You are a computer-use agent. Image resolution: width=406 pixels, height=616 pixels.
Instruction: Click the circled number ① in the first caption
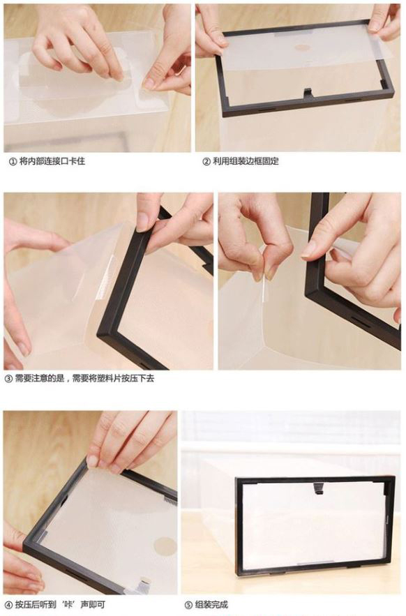(x=13, y=161)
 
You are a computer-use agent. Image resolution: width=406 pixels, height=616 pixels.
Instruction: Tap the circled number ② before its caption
(x=206, y=161)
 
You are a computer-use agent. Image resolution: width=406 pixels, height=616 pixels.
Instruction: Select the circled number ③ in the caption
(x=8, y=379)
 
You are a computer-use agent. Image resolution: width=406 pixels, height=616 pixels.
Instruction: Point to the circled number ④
(x=8, y=605)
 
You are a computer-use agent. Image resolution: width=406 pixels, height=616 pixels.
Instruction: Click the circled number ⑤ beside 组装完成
(x=188, y=605)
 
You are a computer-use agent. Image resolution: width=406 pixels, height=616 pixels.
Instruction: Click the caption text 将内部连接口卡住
(x=52, y=161)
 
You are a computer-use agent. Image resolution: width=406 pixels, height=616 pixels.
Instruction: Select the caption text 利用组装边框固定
(x=246, y=161)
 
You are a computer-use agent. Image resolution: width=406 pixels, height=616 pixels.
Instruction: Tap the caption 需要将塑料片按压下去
(x=114, y=379)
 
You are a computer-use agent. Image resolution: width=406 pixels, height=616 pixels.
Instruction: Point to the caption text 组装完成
(x=212, y=605)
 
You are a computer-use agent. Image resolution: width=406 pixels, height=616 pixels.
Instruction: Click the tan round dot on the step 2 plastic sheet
(x=302, y=48)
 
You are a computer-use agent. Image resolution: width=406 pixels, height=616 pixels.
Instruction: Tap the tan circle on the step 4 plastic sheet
(x=165, y=547)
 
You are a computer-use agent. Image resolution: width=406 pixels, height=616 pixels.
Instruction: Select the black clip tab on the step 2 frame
(x=308, y=93)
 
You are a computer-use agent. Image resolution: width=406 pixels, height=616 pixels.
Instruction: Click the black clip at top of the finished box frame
(x=318, y=488)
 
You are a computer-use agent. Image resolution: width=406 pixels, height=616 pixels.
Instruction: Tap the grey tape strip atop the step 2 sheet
(x=294, y=33)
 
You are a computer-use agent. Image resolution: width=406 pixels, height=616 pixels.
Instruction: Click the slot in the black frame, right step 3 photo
(x=358, y=321)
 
